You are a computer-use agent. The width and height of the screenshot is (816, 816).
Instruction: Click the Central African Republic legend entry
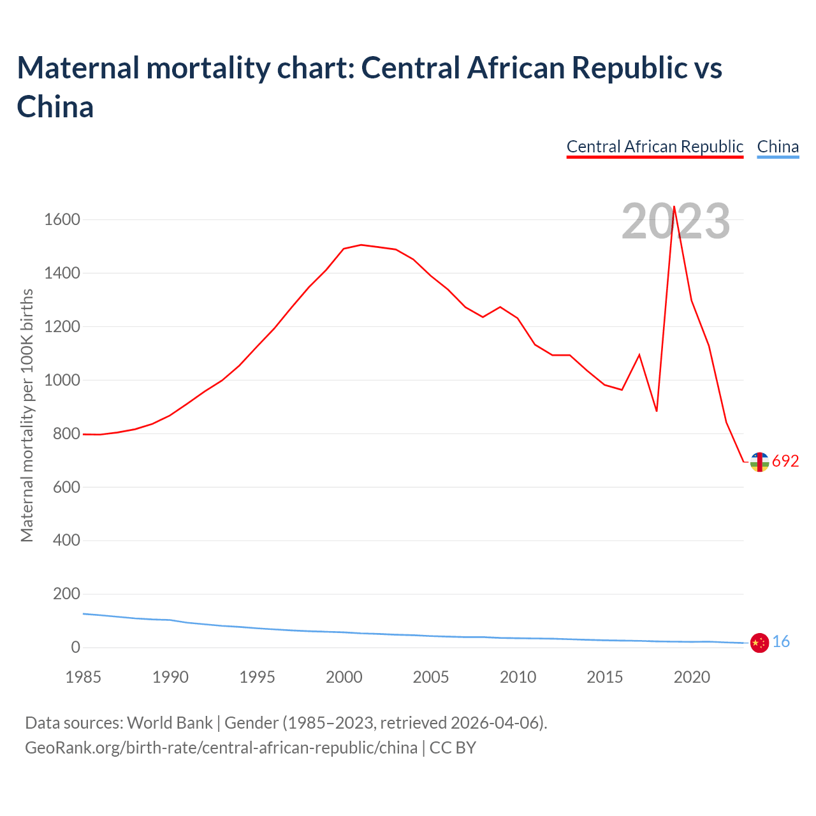click(x=655, y=147)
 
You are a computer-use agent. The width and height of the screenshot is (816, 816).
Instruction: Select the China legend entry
click(x=778, y=147)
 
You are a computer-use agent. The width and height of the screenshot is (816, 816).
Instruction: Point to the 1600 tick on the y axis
click(x=62, y=220)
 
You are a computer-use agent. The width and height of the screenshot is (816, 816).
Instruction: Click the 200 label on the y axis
click(x=66, y=594)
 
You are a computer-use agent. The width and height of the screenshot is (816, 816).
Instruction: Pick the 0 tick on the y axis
click(x=76, y=648)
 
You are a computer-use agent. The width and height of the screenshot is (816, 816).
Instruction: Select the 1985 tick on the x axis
click(x=84, y=677)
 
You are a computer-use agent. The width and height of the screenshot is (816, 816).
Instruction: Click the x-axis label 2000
click(x=344, y=677)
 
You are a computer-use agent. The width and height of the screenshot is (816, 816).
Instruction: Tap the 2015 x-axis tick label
click(x=604, y=677)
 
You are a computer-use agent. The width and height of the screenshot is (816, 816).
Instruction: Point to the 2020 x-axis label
click(x=692, y=677)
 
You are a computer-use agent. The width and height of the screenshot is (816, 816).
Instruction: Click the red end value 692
click(x=785, y=462)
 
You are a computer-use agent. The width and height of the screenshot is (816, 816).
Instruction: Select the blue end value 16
click(x=781, y=642)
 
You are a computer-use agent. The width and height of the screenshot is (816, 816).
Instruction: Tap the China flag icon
click(x=759, y=643)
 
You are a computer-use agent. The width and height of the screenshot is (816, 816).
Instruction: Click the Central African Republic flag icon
click(x=759, y=462)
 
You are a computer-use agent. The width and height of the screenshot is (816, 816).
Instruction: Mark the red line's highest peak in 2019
click(x=674, y=207)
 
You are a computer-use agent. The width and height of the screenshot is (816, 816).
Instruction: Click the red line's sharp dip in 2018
click(x=657, y=411)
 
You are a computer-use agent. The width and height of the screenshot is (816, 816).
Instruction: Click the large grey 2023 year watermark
click(x=675, y=222)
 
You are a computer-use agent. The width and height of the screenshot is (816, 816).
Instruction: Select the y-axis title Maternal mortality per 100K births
click(x=27, y=415)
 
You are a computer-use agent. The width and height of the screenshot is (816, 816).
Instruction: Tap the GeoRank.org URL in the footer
click(x=221, y=747)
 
